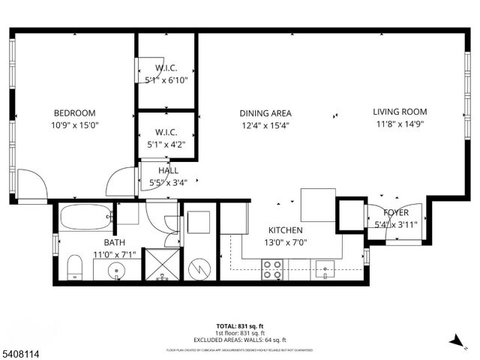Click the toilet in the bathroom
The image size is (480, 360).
point(74,267)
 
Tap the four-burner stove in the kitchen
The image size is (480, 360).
point(271,269)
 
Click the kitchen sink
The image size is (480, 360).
point(325,268)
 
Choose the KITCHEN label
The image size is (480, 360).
point(286,230)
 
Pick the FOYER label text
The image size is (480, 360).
point(396,212)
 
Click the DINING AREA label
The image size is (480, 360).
point(265,113)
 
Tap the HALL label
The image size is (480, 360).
point(169,171)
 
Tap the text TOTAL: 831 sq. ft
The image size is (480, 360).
point(240,325)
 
